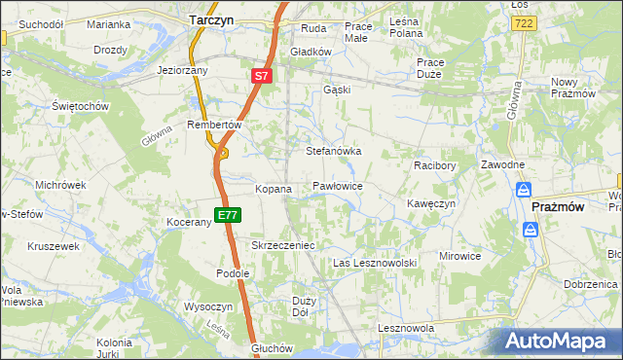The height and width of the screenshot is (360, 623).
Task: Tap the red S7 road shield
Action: [x=261, y=75]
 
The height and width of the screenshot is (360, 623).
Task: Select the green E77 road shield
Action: [x=227, y=214]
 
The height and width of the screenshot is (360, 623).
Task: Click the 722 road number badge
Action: [x=523, y=22]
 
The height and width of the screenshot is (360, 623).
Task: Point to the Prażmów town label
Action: [x=558, y=207]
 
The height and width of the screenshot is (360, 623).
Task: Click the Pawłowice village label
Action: [x=338, y=186]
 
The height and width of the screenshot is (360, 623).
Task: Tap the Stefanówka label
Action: [x=334, y=152]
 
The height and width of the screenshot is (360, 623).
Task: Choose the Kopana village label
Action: [x=273, y=189]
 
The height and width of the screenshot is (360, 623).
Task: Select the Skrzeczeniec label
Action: [x=283, y=246]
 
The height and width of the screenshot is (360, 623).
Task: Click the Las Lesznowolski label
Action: [x=375, y=264]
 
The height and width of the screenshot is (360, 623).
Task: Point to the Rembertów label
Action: [x=214, y=125]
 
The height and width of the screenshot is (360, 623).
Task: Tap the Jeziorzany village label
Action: [x=184, y=71]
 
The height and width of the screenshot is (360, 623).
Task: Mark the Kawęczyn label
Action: [x=431, y=204]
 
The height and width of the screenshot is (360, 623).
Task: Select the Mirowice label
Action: [x=459, y=256]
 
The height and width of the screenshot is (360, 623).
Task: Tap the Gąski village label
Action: [x=337, y=90]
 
